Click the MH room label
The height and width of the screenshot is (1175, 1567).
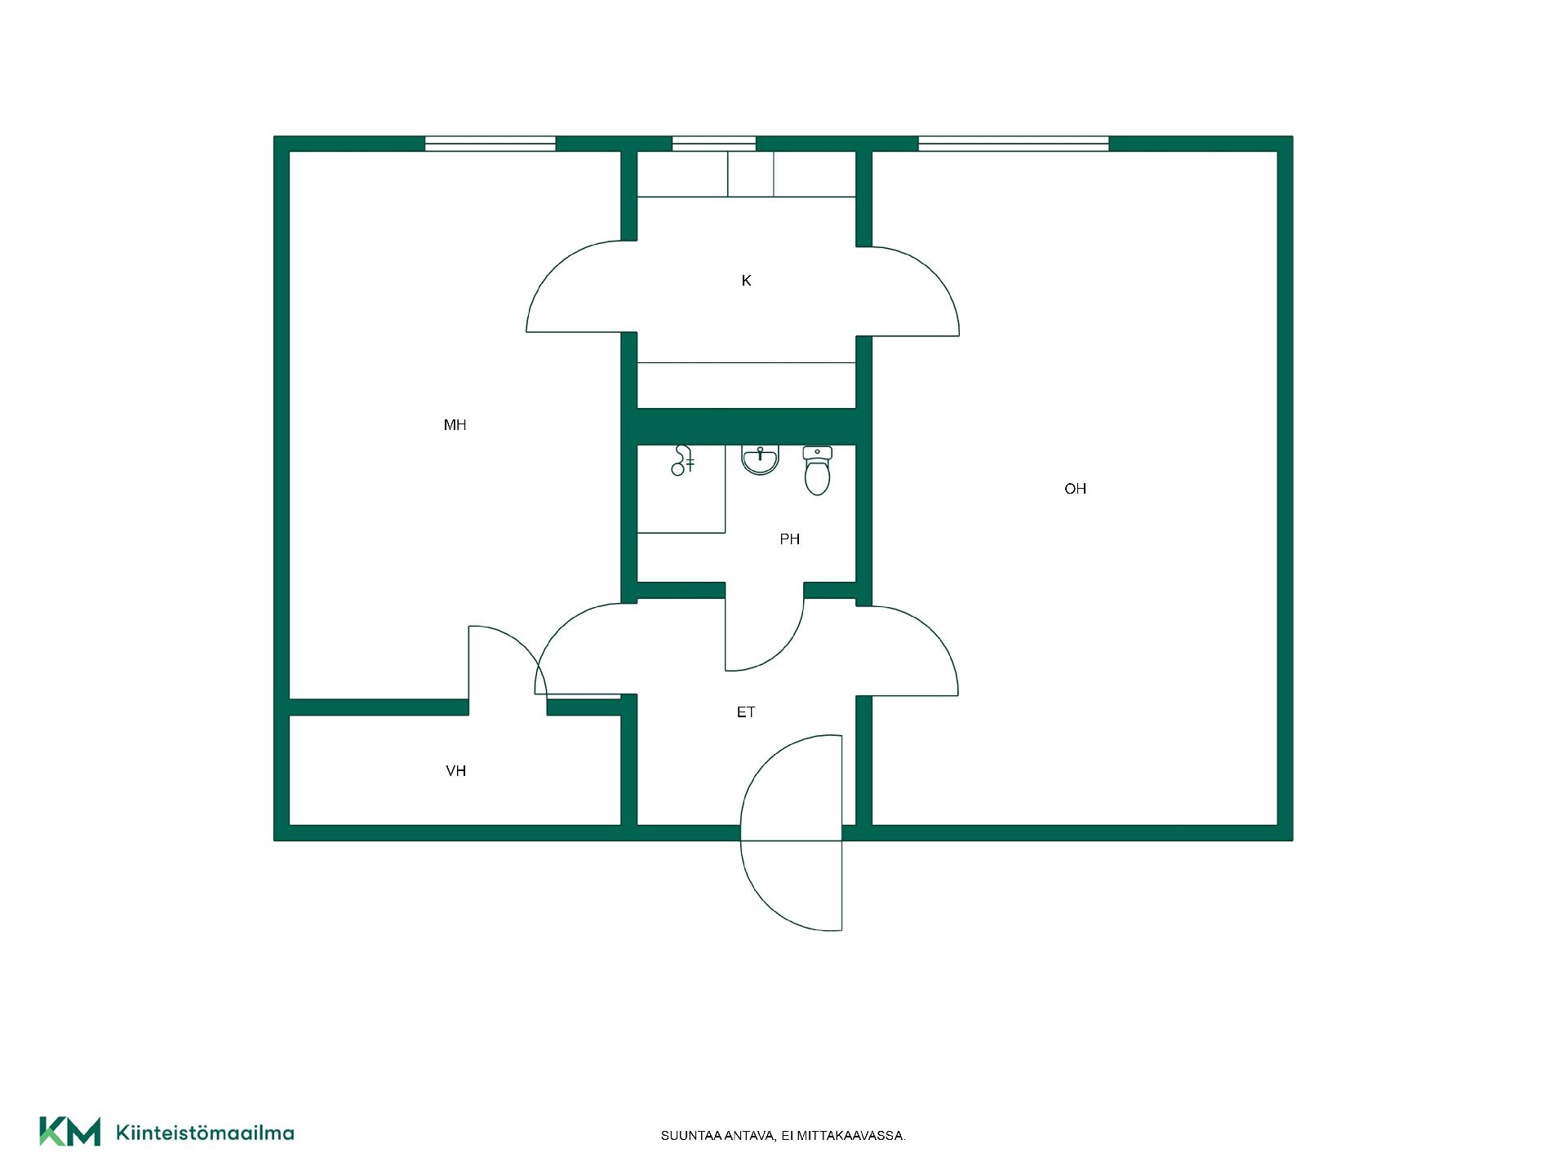[455, 424]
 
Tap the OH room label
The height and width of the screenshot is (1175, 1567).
[1075, 489]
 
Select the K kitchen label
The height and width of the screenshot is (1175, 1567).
[746, 281]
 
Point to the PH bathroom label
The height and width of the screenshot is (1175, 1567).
[789, 539]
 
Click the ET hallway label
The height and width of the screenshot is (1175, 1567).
[746, 712]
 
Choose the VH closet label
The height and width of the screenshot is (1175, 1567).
[455, 771]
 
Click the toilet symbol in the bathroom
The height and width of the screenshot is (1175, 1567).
[817, 471]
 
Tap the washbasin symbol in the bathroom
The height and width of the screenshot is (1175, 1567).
[760, 460]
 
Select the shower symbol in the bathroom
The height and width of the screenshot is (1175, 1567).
[682, 460]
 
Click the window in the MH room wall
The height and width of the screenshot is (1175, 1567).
[490, 144]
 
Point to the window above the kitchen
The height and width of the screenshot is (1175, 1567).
[713, 144]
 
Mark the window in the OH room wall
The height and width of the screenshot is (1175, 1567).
[1013, 144]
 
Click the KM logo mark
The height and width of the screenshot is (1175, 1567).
[70, 1131]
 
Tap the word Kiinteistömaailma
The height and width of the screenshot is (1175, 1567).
[205, 1133]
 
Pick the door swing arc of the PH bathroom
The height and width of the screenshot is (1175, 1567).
[782, 649]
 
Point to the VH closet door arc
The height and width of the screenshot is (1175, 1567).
[522, 645]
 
